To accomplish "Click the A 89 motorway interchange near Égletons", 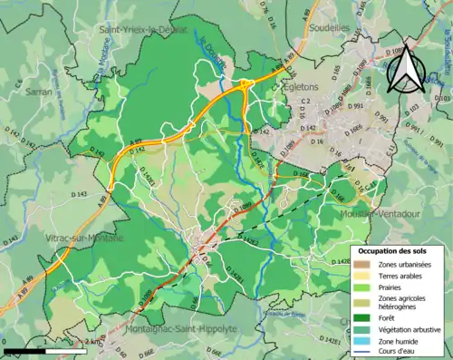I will click(246, 85).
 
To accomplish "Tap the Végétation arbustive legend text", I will click(412, 329).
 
